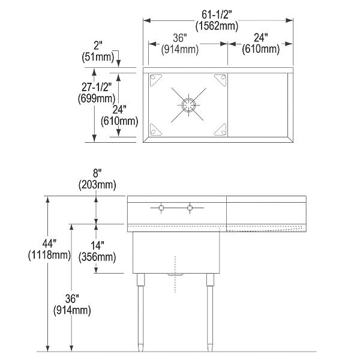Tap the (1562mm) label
pyautogui.click(x=217, y=26)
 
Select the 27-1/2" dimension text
pyautogui.click(x=95, y=86)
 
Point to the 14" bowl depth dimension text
pyautogui.click(x=96, y=246)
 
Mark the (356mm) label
pyautogui.click(x=97, y=257)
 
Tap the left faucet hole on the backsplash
pyautogui.click(x=161, y=208)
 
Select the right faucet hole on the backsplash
pyautogui.click(x=190, y=208)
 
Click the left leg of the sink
pyautogui.click(x=141, y=312)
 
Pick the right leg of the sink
pyautogui.click(x=209, y=312)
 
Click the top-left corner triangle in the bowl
pyautogui.click(x=156, y=79)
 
